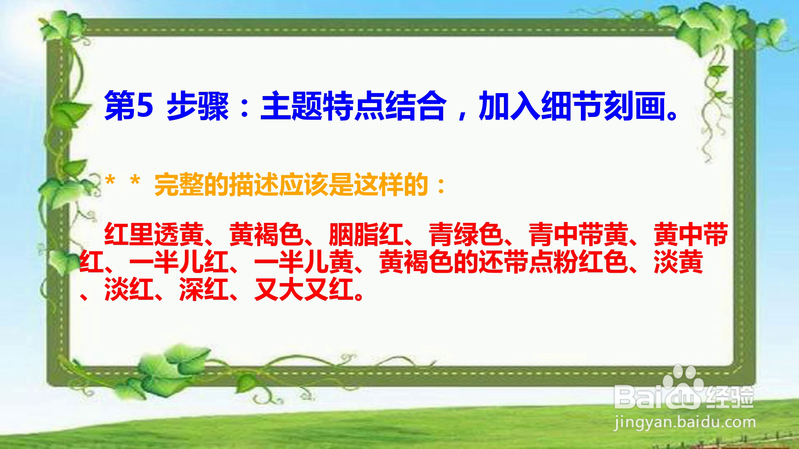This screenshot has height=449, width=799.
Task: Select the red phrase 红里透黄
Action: (154, 235)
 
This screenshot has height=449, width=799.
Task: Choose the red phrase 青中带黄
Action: (578, 235)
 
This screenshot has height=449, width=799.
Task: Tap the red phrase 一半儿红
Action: (179, 262)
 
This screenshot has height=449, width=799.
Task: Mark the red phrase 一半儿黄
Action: (304, 262)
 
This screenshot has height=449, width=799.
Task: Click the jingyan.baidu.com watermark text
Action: (685, 423)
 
